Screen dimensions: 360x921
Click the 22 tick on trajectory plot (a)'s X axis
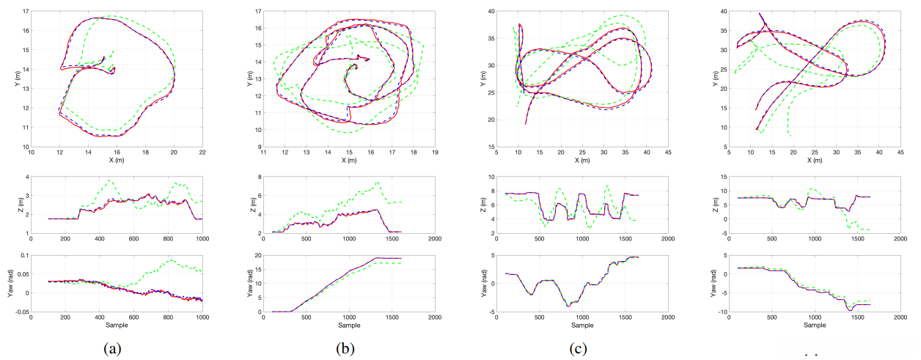coord(202,153)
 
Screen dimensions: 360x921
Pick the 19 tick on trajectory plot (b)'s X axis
coord(435,153)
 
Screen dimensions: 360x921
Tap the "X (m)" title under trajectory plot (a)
coord(117,161)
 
